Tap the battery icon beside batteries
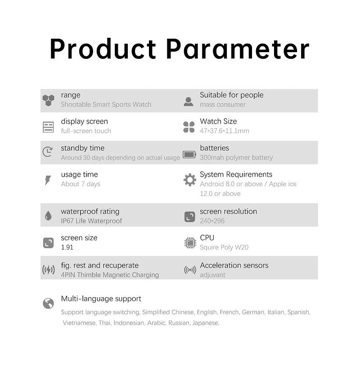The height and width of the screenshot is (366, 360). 189,155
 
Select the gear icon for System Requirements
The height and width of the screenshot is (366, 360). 190,180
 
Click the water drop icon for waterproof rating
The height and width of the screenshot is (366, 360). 48,216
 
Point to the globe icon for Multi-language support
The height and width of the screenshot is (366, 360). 48,303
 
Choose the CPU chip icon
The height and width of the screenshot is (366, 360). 190,243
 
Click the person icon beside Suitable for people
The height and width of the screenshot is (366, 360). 189,102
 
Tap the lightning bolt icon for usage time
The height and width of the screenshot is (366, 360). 48,180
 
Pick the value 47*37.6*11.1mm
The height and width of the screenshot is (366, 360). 225,131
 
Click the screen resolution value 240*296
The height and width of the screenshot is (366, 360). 212,221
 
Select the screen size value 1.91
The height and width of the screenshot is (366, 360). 67,247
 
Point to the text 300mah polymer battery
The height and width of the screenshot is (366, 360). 236,157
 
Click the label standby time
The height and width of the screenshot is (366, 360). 83,148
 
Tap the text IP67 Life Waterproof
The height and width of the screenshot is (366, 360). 91,221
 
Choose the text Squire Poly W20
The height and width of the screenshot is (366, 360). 224,247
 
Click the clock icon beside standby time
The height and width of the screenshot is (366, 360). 48,152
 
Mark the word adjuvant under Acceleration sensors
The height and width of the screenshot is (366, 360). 212,275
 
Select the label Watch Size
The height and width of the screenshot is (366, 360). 218,121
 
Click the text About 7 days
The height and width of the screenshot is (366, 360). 81,184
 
